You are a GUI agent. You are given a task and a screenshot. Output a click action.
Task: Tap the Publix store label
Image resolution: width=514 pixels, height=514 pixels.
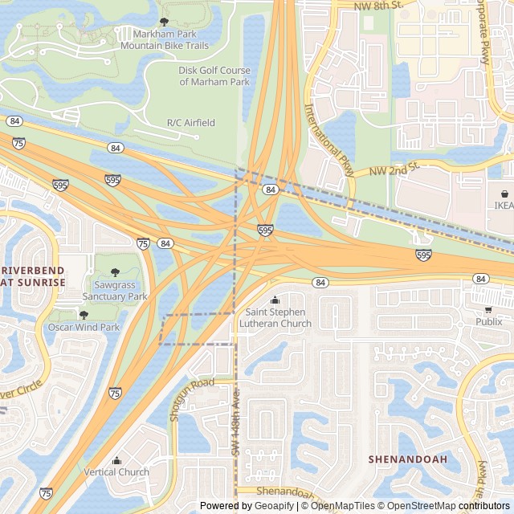click(487, 322)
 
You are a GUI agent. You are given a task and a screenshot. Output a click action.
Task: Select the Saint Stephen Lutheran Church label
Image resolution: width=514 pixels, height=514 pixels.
click(278, 318)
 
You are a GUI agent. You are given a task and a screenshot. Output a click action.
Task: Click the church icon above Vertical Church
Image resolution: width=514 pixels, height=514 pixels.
click(116, 460)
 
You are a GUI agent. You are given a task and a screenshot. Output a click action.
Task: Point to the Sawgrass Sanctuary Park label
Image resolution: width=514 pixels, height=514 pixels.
click(120, 291)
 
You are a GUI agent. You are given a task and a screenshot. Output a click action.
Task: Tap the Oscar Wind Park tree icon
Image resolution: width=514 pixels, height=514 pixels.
click(84, 315)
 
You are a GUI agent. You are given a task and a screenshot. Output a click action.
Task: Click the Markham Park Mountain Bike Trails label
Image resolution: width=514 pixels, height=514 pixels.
click(164, 40)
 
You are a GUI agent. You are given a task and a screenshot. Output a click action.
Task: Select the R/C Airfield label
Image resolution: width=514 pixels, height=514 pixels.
click(190, 123)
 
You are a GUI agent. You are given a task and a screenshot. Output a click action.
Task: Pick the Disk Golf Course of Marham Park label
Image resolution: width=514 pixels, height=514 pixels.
click(214, 75)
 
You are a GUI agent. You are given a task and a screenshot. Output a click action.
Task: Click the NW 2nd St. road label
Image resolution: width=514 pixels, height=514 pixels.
click(395, 169)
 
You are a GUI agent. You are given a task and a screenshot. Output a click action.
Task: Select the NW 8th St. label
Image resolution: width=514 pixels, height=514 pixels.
click(377, 6)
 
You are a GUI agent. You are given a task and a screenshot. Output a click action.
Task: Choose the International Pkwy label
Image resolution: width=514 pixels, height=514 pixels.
click(330, 140)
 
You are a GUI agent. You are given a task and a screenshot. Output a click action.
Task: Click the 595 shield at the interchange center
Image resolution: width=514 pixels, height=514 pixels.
click(266, 230)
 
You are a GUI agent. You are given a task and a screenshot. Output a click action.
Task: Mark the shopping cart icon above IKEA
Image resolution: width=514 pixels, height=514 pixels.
click(504, 194)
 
